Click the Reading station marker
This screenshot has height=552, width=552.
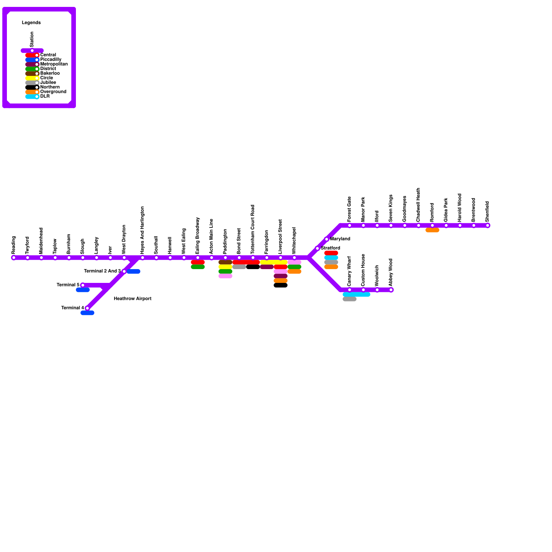[x=14, y=258]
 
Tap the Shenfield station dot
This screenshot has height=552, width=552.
[x=487, y=226]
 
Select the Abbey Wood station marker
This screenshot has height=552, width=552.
[x=391, y=290]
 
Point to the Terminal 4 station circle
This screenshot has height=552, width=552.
[x=87, y=308]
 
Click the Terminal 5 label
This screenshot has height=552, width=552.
[x=68, y=285]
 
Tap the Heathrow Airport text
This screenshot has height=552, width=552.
[x=132, y=299]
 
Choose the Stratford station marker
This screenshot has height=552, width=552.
[x=317, y=248]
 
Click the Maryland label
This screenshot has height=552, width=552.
[x=340, y=239]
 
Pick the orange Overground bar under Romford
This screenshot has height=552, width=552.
[x=432, y=230]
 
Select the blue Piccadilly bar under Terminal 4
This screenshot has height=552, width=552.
[x=87, y=313]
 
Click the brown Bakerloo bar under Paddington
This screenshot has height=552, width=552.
[x=225, y=262]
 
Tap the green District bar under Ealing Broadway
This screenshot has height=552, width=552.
[x=198, y=267]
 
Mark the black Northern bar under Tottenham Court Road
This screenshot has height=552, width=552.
[x=253, y=267]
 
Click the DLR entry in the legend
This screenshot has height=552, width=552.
[x=45, y=97]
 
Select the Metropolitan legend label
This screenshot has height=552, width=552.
[x=54, y=64]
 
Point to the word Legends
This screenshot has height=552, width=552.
[x=31, y=23]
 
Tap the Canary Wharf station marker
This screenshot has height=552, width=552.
[x=349, y=290]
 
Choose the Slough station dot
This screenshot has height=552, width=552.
[x=83, y=258]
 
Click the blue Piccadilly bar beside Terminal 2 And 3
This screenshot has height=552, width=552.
[x=134, y=272]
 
